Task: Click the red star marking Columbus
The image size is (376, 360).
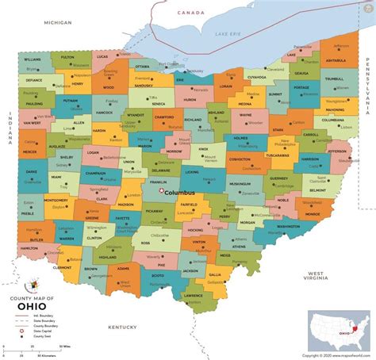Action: (161, 190)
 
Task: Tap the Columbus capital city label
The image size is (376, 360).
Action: (179, 192)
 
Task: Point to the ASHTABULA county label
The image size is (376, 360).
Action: (336, 60)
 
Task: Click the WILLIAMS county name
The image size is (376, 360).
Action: (33, 59)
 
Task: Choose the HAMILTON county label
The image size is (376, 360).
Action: (29, 249)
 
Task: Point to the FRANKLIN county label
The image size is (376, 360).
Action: (159, 182)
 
